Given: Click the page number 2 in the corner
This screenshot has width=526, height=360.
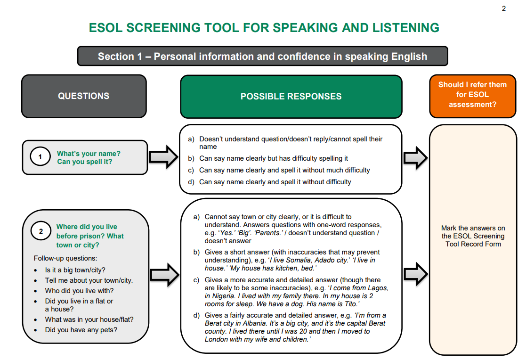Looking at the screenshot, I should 503,8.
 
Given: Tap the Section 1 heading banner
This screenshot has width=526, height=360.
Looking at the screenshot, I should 262,57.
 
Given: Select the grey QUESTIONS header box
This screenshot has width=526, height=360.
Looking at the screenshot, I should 84,96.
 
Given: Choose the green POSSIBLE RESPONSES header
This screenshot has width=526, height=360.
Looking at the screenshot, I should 291,97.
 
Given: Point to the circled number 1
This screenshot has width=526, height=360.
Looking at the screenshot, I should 40,157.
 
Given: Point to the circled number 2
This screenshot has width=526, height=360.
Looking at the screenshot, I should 41,231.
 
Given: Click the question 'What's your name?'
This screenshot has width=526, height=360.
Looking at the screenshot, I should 89,154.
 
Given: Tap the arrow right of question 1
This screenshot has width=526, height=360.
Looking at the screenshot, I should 163,157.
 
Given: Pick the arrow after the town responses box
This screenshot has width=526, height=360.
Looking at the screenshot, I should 415,273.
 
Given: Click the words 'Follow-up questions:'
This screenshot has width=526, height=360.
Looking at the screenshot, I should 65,258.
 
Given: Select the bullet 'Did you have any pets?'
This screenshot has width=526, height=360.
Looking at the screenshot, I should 81,330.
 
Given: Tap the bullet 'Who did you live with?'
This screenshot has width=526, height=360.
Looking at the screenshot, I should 79,291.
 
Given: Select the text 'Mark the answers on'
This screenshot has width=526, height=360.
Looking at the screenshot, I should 473,228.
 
